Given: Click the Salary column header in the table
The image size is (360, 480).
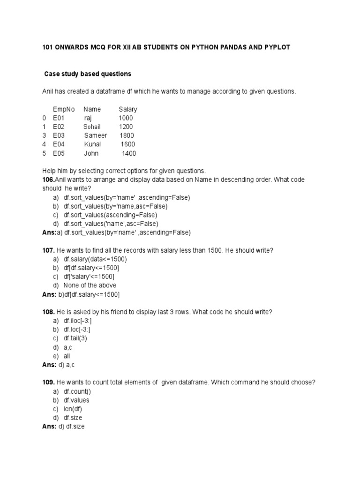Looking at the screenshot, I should coord(127,109).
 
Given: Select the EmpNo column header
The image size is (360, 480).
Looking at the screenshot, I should coord(64,109).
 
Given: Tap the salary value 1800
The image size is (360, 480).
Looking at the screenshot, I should coord(127,135).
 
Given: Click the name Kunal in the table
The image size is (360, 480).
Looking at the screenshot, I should coord(92,144).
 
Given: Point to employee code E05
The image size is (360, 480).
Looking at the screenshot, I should coord(59,153).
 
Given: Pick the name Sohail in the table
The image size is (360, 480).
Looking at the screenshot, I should coord(92,127).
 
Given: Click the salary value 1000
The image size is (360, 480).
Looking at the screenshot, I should coord(126,118).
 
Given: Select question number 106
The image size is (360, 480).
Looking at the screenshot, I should coord(48,180).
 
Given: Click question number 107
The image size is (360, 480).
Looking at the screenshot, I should coord(48,250).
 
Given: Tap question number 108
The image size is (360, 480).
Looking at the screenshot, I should coord(48,312).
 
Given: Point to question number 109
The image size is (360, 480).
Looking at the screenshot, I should coord(48,382).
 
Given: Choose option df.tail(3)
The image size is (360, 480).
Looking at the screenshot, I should coord(75,338).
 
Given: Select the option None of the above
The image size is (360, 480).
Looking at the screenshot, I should coord(90,285).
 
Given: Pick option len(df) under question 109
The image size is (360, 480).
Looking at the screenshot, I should coord(73,409).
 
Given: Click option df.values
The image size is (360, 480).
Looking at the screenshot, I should coord(76,400).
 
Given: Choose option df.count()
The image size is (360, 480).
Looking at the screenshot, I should coord(77,391).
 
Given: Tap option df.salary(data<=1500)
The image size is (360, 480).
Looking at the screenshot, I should coord(95,259).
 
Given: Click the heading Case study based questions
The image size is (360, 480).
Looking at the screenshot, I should coord(88,74).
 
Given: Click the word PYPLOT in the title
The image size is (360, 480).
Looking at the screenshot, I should coord(277,48).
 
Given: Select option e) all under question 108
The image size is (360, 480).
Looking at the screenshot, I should coord(67,356).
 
